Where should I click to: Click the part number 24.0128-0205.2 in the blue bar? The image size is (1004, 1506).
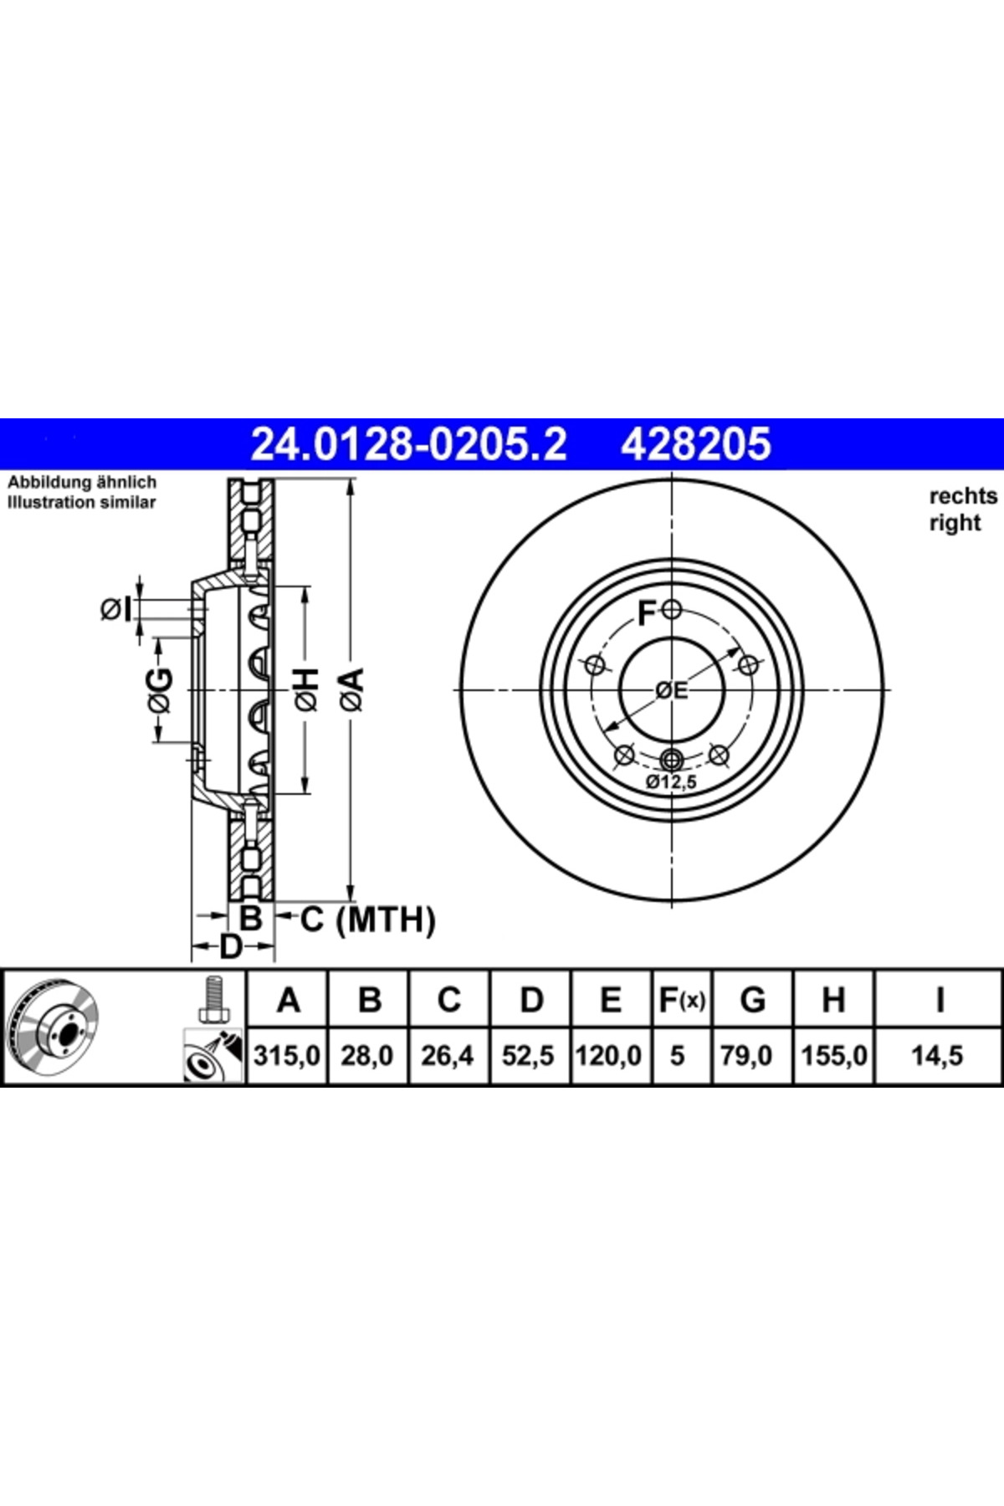(x=408, y=443)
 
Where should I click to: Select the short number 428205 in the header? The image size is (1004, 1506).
(x=695, y=443)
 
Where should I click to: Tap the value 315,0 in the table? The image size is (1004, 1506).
(x=287, y=1056)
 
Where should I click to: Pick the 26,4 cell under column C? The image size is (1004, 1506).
(x=448, y=1056)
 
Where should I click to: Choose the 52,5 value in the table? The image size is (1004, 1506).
(x=528, y=1056)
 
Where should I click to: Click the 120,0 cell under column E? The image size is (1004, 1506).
(x=608, y=1056)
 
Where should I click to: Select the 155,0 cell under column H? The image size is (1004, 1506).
(x=833, y=1056)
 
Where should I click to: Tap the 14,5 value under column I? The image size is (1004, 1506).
(x=937, y=1056)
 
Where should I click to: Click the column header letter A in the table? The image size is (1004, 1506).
(x=288, y=1000)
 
